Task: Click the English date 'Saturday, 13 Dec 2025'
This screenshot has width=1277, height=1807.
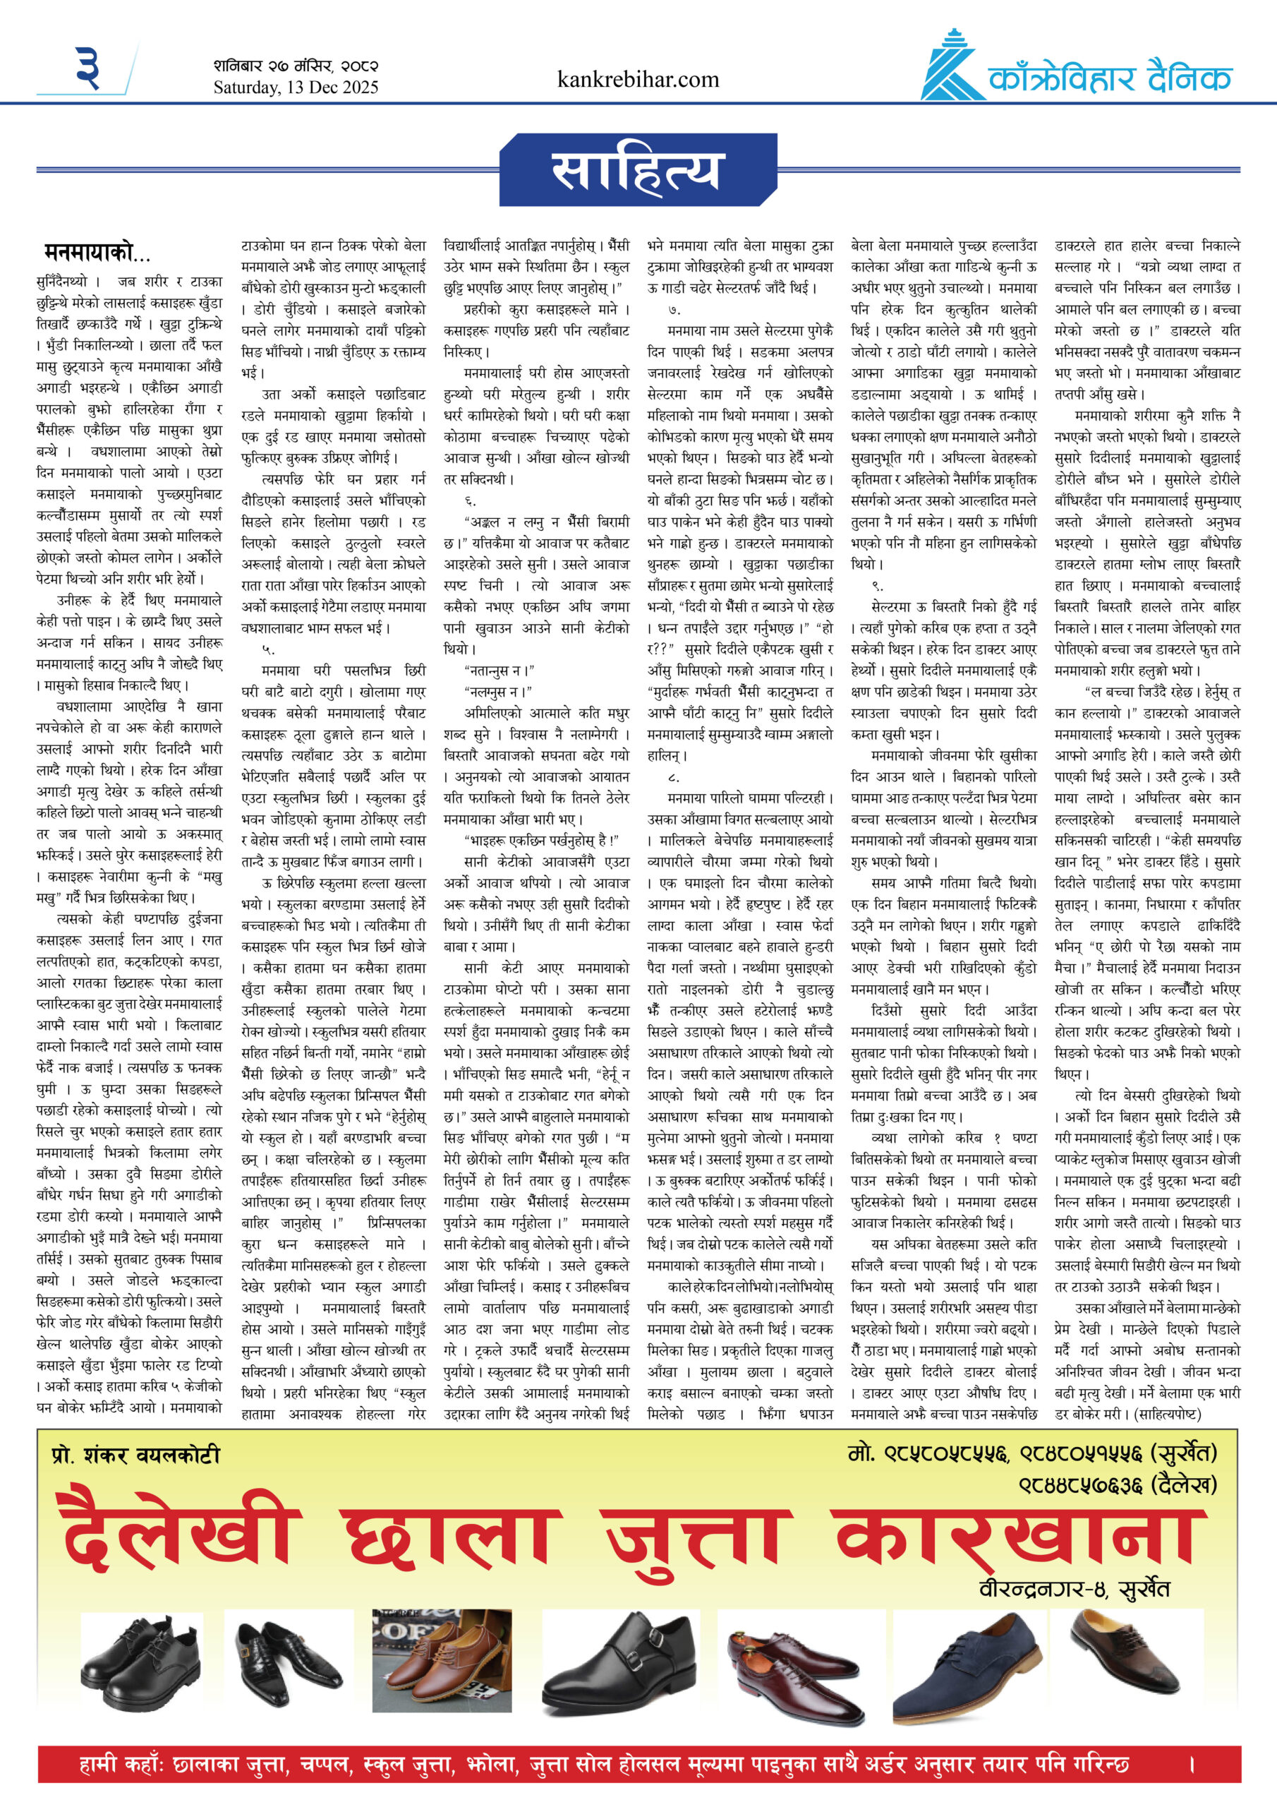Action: coord(295,88)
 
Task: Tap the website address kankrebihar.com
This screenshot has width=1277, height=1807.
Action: coord(637,80)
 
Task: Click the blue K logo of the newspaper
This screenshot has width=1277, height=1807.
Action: coord(951,68)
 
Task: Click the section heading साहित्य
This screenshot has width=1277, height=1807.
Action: coord(636,172)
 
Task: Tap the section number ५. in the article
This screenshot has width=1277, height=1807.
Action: coord(269,649)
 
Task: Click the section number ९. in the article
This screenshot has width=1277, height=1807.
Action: coord(878,586)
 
